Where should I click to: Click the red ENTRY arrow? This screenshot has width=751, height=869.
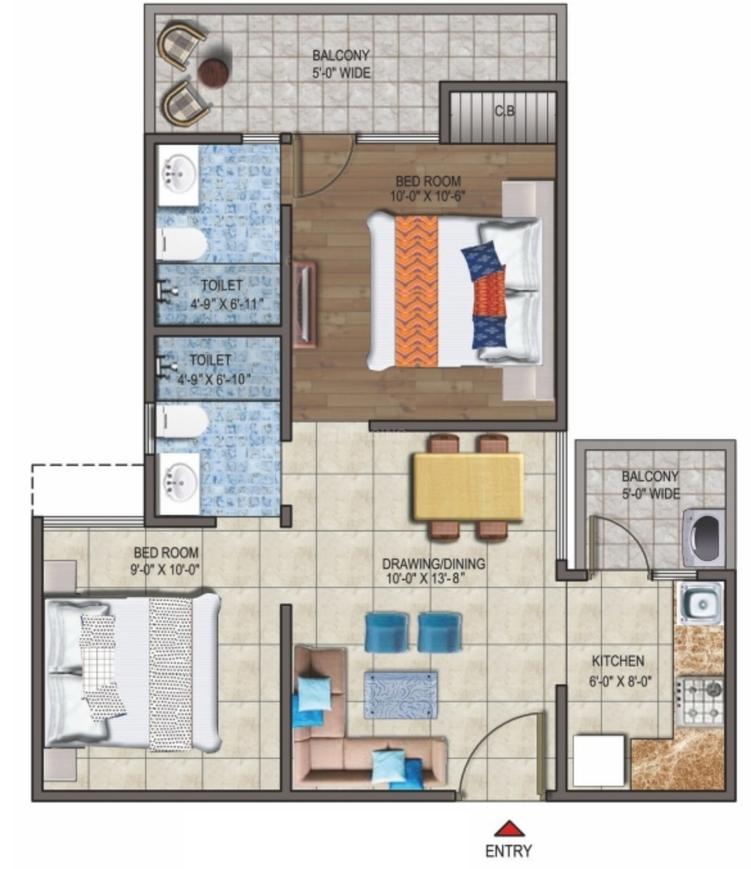(x=510, y=828)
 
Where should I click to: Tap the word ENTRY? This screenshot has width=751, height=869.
(x=509, y=851)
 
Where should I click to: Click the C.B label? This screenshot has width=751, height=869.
(x=504, y=112)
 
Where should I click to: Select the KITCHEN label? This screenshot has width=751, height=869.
(x=617, y=661)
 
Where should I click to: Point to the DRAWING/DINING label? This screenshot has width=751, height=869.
(x=436, y=560)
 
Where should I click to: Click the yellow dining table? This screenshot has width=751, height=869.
(x=468, y=486)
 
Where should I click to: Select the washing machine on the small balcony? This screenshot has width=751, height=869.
(x=703, y=537)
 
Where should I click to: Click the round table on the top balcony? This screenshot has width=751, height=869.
(x=213, y=72)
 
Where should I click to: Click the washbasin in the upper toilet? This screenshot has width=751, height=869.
(x=178, y=177)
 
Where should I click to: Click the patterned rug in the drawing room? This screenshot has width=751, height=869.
(x=400, y=694)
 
